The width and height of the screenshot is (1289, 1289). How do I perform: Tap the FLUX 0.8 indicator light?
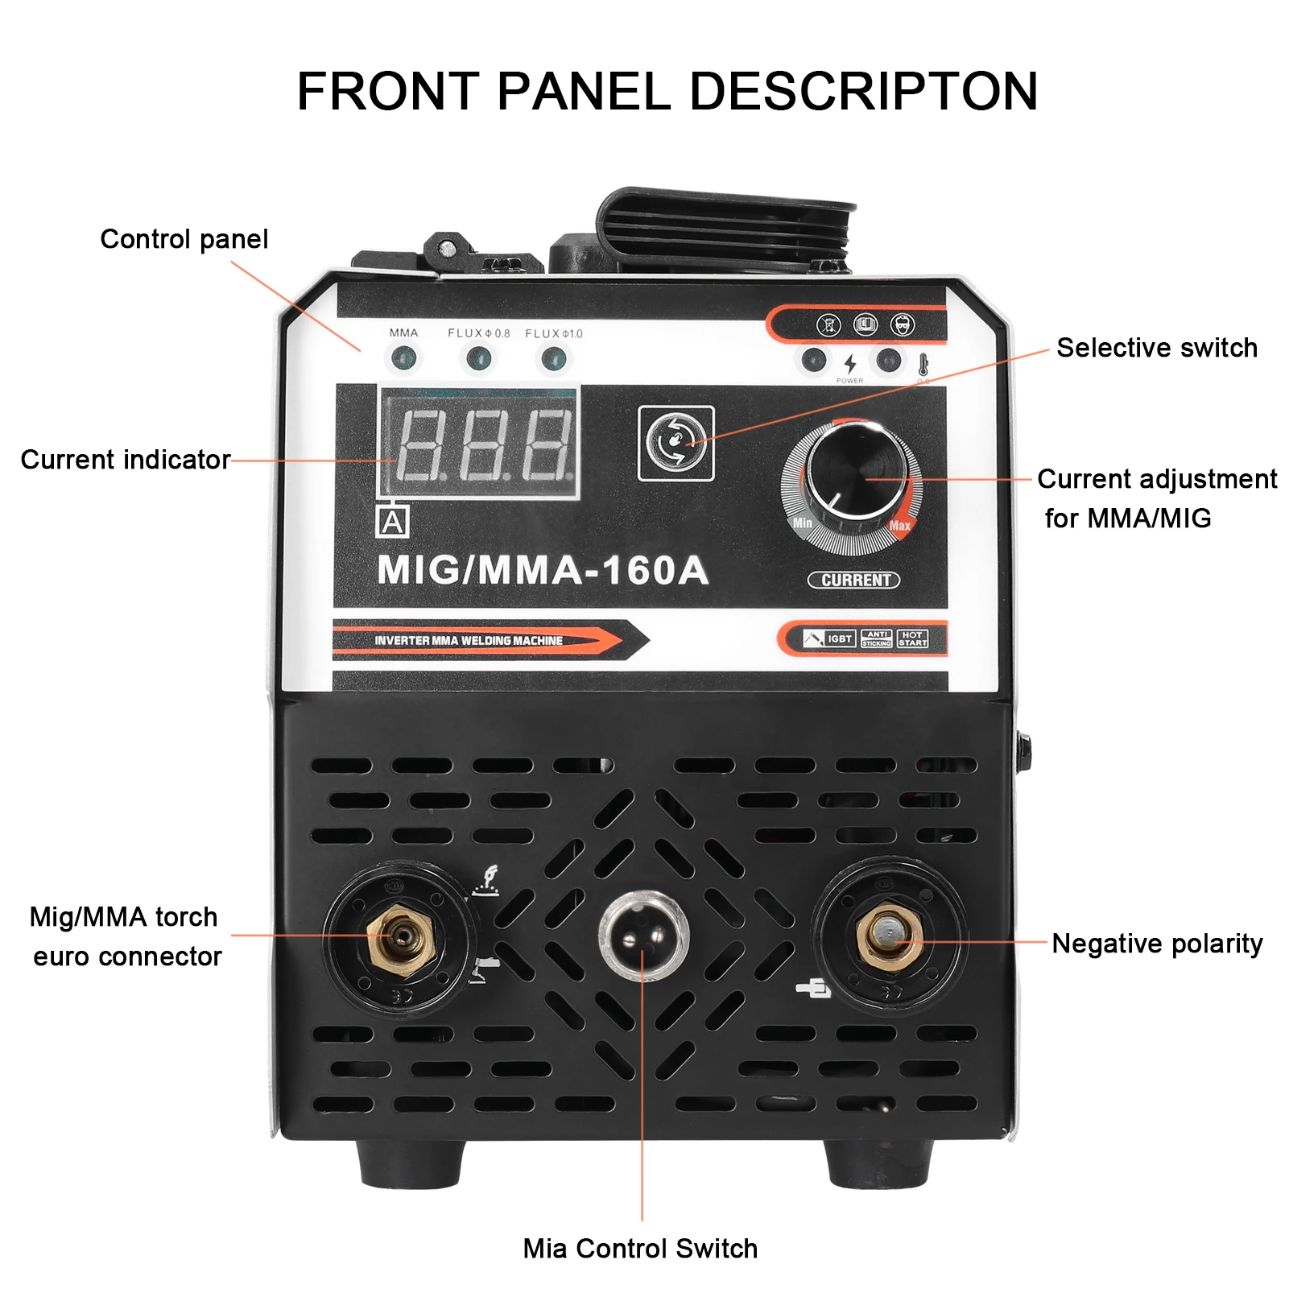(x=478, y=357)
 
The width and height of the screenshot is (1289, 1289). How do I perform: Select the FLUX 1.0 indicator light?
(x=553, y=357)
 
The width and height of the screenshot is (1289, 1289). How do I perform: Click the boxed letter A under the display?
(x=392, y=522)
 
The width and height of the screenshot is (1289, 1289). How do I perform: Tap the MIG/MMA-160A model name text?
(x=543, y=570)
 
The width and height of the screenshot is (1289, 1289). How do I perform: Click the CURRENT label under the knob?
(x=853, y=580)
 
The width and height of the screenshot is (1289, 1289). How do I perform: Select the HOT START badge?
(x=912, y=638)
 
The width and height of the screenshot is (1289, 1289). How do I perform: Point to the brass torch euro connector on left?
(x=400, y=937)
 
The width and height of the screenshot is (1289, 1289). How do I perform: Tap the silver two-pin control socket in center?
(x=643, y=935)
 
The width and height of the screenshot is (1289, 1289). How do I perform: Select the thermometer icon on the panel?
(x=923, y=364)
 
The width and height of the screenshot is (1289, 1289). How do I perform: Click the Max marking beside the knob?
(x=899, y=526)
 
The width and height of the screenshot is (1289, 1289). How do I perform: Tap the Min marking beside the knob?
(x=803, y=523)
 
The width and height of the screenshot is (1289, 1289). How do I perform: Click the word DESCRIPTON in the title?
(x=863, y=91)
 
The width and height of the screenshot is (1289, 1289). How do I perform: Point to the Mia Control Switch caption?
(x=640, y=1249)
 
